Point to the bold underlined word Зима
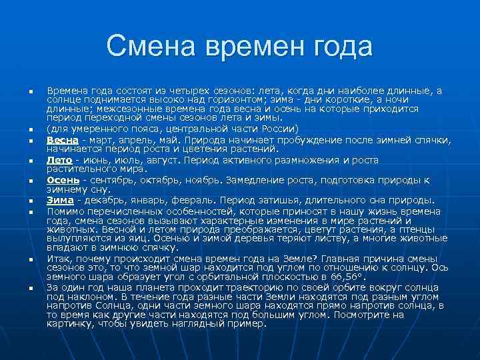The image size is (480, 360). click(x=60, y=200)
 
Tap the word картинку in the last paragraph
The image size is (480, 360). click(x=67, y=323)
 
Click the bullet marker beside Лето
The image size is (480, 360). click(x=31, y=161)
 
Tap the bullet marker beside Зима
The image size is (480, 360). click(x=31, y=200)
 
